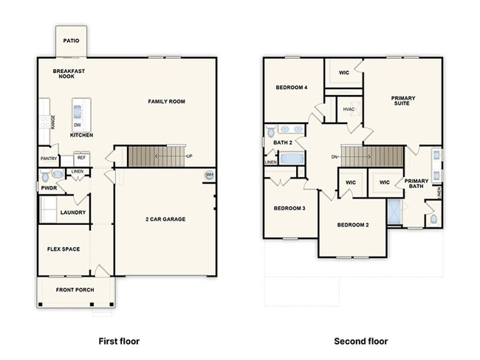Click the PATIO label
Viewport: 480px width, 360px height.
click(x=71, y=41)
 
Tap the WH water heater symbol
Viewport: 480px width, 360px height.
click(x=210, y=175)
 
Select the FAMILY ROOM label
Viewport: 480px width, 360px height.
click(x=167, y=102)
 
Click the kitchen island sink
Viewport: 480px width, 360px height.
click(x=77, y=111)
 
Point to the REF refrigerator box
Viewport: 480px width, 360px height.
click(x=82, y=159)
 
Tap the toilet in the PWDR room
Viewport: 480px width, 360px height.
click(x=45, y=176)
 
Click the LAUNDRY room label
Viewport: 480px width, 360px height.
click(x=73, y=212)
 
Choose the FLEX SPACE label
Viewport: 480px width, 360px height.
click(x=64, y=249)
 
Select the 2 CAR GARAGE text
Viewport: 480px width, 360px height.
click(x=165, y=219)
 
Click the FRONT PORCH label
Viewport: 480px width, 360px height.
click(x=75, y=290)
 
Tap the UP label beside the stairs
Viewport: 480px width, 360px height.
click(x=190, y=156)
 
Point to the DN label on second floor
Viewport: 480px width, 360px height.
click(x=334, y=157)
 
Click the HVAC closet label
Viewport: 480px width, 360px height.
click(x=349, y=109)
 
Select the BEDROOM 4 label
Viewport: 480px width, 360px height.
click(x=292, y=88)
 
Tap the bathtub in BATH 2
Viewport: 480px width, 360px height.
click(x=292, y=158)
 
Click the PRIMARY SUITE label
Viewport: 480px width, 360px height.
click(x=403, y=100)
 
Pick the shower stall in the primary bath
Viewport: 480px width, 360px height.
click(x=394, y=211)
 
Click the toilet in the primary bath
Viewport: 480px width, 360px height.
click(x=433, y=219)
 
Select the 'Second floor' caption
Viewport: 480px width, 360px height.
click(x=361, y=341)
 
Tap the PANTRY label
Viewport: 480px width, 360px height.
click(x=49, y=159)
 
